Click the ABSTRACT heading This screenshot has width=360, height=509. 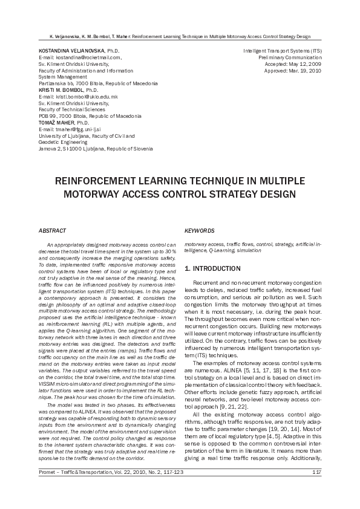pos(53,230)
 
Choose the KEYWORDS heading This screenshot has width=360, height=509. pos(199,230)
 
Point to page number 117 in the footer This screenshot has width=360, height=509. pos(316,489)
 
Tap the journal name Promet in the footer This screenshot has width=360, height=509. pos(48,489)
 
